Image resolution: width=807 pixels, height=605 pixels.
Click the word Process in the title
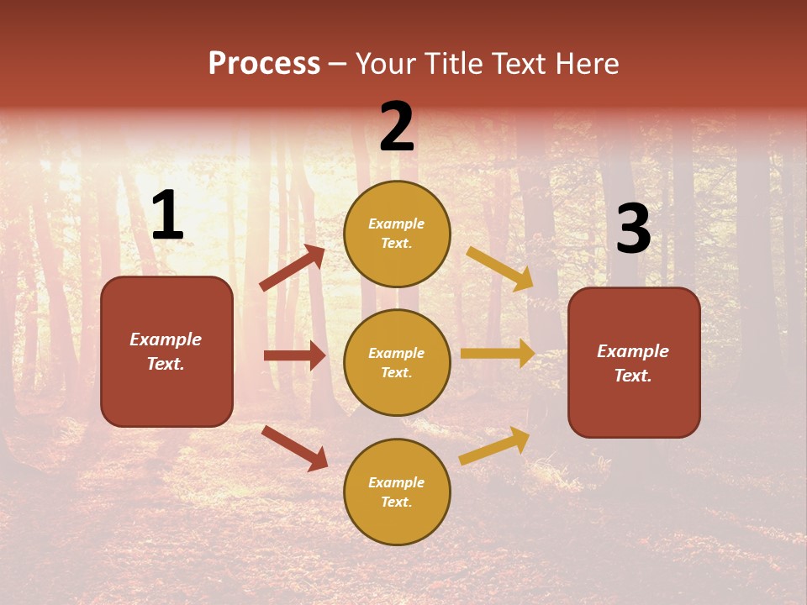tap(264, 64)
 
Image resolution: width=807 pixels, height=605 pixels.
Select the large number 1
tap(167, 216)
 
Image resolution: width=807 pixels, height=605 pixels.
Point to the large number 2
tap(397, 127)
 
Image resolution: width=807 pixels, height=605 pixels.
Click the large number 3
tap(633, 229)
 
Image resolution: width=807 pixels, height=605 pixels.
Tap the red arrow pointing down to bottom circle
tap(294, 448)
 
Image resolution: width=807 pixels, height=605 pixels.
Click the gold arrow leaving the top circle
tap(500, 269)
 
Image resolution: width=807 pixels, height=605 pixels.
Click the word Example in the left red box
tap(166, 339)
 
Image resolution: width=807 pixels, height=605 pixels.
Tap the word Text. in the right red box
tap(633, 376)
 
